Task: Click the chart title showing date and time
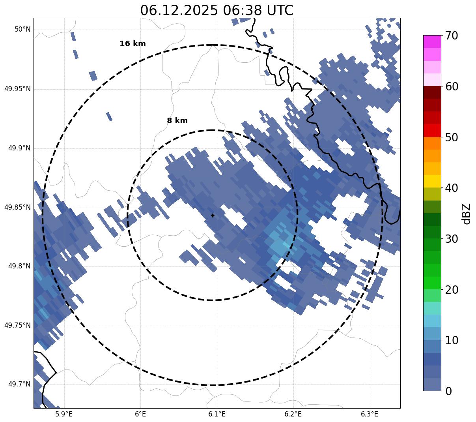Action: [217, 10]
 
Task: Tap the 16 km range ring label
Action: [133, 44]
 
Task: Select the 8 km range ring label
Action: [177, 121]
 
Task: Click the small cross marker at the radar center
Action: [213, 216]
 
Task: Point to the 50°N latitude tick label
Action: [22, 30]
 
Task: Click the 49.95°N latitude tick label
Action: [17, 89]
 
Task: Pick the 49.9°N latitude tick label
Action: [19, 148]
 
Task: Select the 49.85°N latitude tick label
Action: [17, 207]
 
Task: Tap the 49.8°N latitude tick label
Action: [19, 266]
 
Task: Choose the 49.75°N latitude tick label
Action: [17, 326]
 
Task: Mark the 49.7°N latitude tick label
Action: [19, 384]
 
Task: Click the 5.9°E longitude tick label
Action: [64, 414]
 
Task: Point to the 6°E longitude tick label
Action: [140, 414]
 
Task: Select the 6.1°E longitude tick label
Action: [217, 414]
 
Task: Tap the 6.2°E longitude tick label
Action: [293, 414]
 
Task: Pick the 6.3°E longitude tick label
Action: [370, 414]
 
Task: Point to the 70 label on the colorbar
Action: [452, 36]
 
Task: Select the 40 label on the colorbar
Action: [452, 188]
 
